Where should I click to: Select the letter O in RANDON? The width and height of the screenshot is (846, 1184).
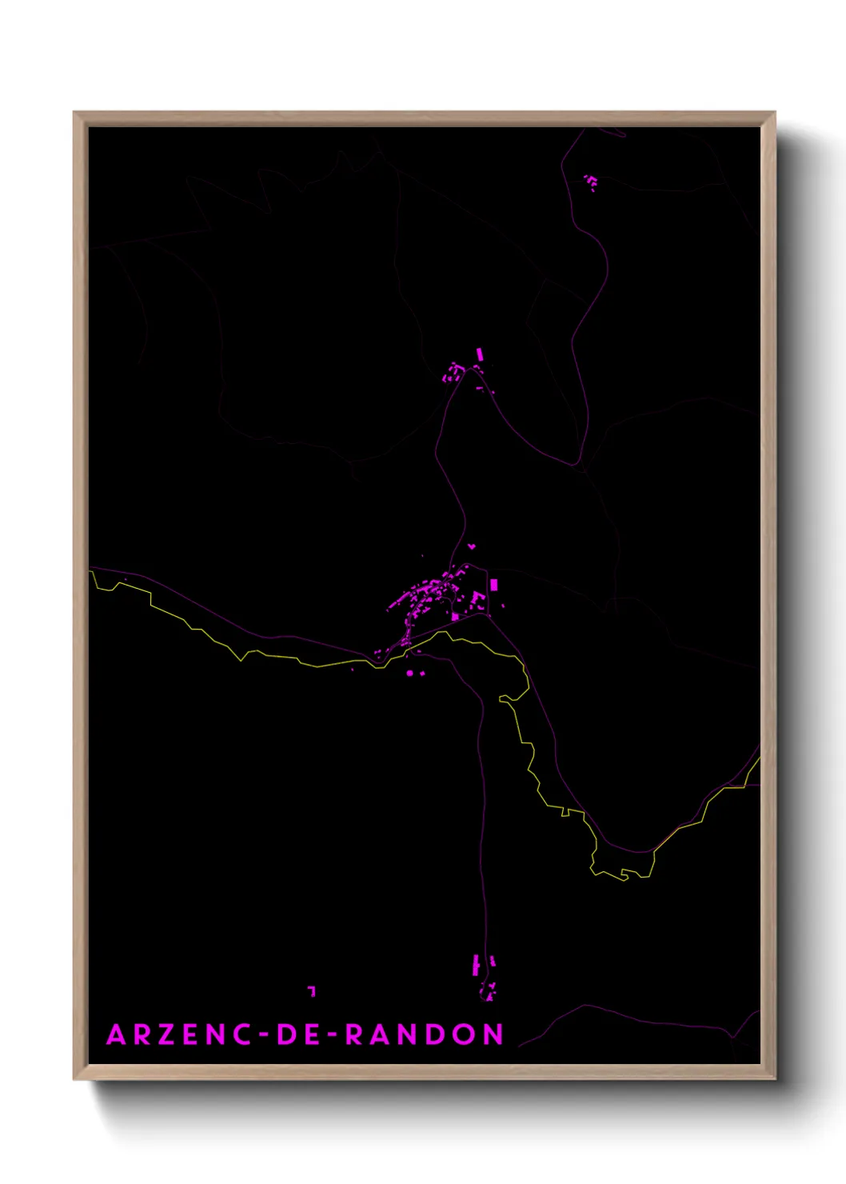pos(465,1034)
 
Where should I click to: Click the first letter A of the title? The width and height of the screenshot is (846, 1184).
pos(116,1034)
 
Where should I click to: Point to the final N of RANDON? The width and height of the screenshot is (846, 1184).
pos(493,1034)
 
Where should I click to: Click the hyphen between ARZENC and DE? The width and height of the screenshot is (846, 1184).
pos(265,1035)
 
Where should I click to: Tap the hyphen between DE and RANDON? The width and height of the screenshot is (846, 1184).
pos(333,1035)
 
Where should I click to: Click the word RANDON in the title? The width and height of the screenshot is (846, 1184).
pos(425,1034)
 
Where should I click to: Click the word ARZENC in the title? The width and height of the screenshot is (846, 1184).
pos(181,1034)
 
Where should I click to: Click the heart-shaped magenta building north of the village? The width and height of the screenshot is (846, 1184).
pos(472,546)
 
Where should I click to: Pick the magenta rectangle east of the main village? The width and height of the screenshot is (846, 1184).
pos(494,585)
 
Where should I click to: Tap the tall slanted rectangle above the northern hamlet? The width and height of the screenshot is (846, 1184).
pos(480,354)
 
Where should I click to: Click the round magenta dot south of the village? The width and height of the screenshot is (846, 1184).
pos(410,674)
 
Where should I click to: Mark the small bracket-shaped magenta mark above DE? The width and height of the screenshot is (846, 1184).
pos(312,990)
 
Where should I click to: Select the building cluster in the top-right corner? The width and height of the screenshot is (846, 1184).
pos(591,182)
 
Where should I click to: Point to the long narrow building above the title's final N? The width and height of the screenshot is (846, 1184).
pos(476,965)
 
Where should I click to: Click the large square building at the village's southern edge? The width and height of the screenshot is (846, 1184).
pos(455,616)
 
